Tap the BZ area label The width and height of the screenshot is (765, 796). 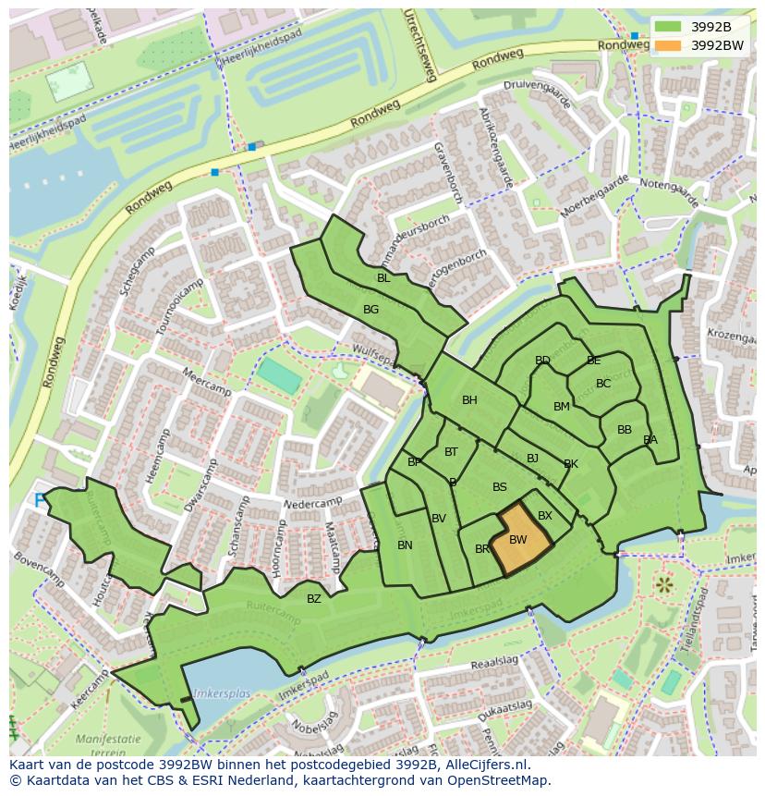pyautogui.click(x=314, y=599)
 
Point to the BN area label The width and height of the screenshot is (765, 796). pyautogui.click(x=405, y=545)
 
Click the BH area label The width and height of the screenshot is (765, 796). pyautogui.click(x=469, y=400)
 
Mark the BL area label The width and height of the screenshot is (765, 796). pyautogui.click(x=382, y=278)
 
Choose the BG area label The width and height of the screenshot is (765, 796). pyautogui.click(x=370, y=310)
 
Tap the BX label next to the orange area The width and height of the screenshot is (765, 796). pyautogui.click(x=545, y=516)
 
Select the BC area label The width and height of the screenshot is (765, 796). pyautogui.click(x=603, y=384)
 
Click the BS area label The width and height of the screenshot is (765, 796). pyautogui.click(x=500, y=487)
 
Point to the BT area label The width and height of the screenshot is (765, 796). pyautogui.click(x=451, y=452)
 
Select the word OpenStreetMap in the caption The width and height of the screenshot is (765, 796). pyautogui.click(x=500, y=780)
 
